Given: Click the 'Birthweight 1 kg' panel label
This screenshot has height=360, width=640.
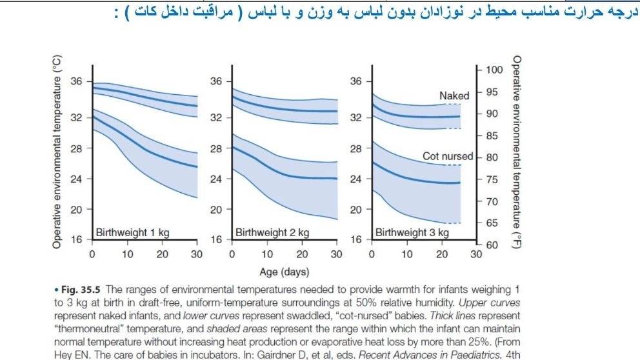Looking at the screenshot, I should click(130, 232).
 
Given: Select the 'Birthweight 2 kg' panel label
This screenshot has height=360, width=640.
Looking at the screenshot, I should click(272, 232).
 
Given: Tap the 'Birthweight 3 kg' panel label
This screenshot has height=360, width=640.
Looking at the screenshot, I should click(412, 232).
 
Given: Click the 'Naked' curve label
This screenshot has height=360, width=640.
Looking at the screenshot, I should click(454, 95).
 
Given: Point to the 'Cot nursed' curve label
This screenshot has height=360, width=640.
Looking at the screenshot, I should click(448, 156).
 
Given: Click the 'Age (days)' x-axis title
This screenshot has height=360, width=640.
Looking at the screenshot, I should click(284, 272).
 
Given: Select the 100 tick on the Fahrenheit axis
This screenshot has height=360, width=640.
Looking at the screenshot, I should click(494, 70).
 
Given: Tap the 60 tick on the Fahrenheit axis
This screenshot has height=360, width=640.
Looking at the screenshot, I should click(491, 246).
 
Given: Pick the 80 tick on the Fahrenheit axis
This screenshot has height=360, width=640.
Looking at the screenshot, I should click(491, 157).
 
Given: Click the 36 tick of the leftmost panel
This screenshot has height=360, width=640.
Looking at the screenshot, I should click(76, 81).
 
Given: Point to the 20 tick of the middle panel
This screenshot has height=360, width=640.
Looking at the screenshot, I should click(216, 209).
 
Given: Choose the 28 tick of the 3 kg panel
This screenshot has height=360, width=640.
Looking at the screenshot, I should click(355, 148).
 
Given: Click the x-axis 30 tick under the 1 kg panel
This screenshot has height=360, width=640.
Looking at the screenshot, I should click(197, 254).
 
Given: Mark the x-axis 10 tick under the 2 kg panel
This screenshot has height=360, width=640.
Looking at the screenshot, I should click(267, 254).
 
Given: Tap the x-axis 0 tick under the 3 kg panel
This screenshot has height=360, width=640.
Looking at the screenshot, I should click(372, 254).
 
